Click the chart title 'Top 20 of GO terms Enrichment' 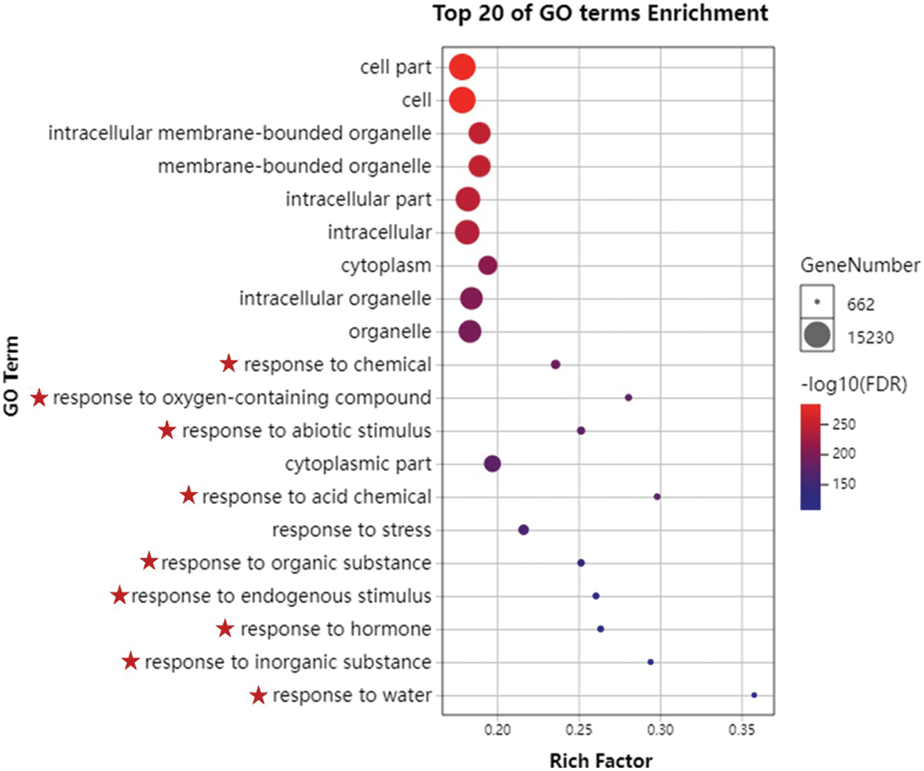pos(600,13)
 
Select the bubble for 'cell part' pos(462,67)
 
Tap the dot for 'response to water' pos(754,695)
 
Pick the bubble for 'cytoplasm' pos(488,265)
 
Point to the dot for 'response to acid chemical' pos(657,497)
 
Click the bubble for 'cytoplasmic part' pos(492,463)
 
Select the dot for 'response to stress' pos(523,529)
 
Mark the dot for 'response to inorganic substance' pos(650,662)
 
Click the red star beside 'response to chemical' pos(229,364)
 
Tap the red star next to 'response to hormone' pos(225,628)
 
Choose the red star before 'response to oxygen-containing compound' pos(39,398)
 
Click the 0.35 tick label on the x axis pos(741,730)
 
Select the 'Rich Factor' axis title pos(601,761)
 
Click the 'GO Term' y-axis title pos(11,376)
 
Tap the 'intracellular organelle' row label pos(335,299)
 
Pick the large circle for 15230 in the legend pos(817,336)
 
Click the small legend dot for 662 pos(817,302)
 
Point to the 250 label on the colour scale pos(844,424)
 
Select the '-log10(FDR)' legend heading pos(854,384)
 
